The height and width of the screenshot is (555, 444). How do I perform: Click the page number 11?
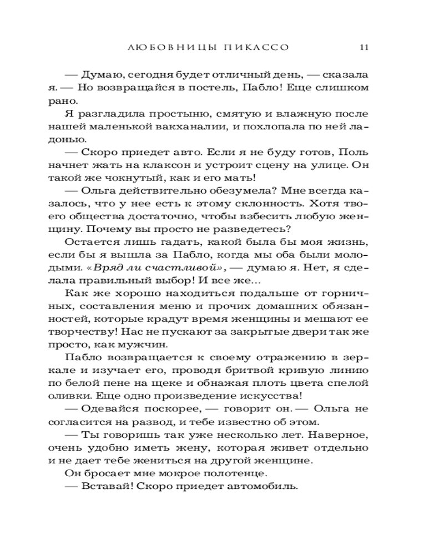[x=364, y=47]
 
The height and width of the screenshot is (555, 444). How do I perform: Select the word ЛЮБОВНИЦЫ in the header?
[x=167, y=47]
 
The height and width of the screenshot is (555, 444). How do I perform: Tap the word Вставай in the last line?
[x=104, y=485]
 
